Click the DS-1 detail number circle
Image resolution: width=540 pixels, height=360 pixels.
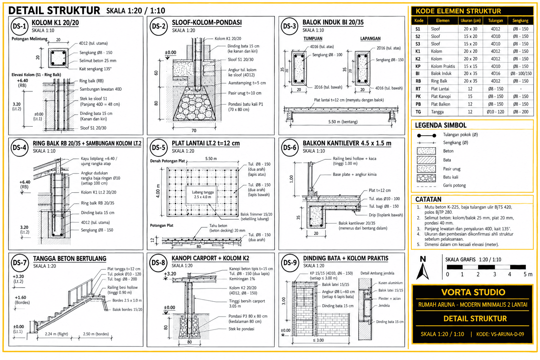19,26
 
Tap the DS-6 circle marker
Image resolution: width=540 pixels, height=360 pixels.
290,147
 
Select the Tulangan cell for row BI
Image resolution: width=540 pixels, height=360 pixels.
495,73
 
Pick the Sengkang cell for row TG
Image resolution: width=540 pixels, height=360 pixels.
520,112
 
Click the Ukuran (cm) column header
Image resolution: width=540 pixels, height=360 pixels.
471,21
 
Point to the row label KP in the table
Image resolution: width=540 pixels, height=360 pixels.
418,66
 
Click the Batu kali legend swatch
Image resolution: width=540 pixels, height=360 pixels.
426,178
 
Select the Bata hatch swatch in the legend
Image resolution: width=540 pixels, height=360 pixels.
426,160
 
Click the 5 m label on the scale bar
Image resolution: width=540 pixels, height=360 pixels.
528,275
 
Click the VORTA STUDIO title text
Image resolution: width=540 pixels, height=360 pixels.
473,292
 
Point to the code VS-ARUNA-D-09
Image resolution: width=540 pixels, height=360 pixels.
500,334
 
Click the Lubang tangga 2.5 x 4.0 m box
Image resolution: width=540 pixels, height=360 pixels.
201,195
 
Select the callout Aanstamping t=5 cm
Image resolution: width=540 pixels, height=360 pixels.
247,83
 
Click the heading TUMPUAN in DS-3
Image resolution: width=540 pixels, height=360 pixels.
313,39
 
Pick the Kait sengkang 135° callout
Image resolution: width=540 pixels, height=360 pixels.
96,69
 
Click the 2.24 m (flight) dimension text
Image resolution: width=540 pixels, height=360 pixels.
56,334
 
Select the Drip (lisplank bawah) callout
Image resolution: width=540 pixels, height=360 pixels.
386,215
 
